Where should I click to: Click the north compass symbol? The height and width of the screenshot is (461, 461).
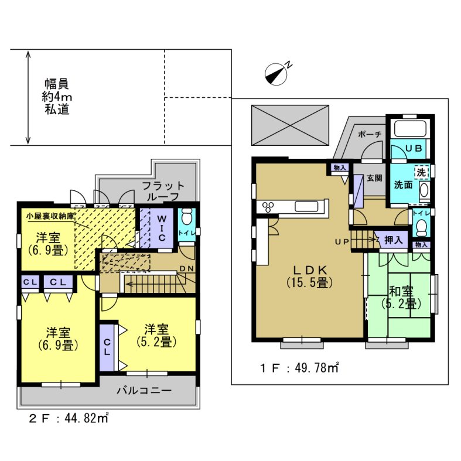pos(276,73)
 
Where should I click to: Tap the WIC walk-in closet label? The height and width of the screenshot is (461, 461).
pos(162,228)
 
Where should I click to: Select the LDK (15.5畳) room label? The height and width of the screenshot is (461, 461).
pos(310,276)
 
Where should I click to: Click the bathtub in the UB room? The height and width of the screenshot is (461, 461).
pos(410,128)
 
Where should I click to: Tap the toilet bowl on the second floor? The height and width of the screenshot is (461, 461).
pos(187,217)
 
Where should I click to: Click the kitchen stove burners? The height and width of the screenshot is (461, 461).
pos(268,207)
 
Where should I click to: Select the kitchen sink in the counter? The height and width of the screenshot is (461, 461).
pos(306,206)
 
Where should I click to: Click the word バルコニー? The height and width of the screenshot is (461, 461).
pos(144,391)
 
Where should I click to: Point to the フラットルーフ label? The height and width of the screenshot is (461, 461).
pos(163,192)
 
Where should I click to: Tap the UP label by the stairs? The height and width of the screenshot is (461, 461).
pos(342,242)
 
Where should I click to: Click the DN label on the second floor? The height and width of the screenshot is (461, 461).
pos(187,268)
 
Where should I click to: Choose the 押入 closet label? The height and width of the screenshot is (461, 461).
pos(394,240)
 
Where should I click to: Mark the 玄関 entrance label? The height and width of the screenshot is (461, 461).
pos(374,178)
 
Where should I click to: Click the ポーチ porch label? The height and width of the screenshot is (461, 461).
pos(370,134)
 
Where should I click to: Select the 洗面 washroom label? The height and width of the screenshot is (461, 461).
pos(403,185)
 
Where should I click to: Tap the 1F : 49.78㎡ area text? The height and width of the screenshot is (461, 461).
pos(299,368)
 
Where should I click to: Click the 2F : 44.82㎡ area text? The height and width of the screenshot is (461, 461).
pos(69,418)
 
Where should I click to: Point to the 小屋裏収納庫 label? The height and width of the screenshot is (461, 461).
pos(50,216)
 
